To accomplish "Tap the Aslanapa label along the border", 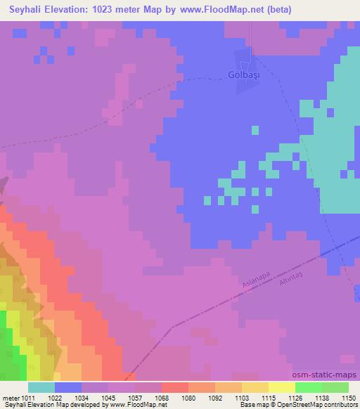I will click(x=256, y=280).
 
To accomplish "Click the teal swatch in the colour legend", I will click(x=41, y=387).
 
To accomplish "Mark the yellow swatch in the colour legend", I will click(x=282, y=387).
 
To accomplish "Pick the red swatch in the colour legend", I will click(x=175, y=387).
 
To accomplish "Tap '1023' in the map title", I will click(x=110, y=10).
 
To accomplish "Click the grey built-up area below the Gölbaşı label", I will click(x=245, y=86).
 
